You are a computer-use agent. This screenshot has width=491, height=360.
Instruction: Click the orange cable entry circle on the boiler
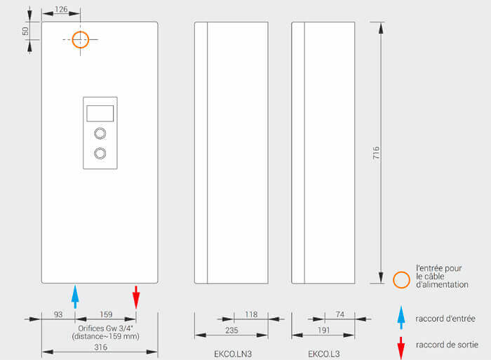81,39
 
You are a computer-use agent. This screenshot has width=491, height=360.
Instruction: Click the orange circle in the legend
401,279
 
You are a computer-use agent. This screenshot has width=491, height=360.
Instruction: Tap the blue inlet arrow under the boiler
75,295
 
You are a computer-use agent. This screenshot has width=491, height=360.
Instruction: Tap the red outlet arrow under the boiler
136,295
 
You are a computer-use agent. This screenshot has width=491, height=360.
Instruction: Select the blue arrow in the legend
401,317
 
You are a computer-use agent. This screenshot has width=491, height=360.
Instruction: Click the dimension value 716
376,154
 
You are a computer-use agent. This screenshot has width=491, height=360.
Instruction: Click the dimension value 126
60,9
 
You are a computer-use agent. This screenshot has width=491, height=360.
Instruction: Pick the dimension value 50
26,32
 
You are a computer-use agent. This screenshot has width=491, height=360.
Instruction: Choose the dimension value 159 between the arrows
105,314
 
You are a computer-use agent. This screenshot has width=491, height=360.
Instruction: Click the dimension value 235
231,331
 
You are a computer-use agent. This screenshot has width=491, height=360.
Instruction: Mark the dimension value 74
339,314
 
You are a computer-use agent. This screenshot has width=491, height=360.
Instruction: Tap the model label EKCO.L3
323,354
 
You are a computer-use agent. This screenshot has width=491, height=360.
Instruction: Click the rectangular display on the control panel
100,113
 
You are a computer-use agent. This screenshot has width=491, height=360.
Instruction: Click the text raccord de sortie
446,345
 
